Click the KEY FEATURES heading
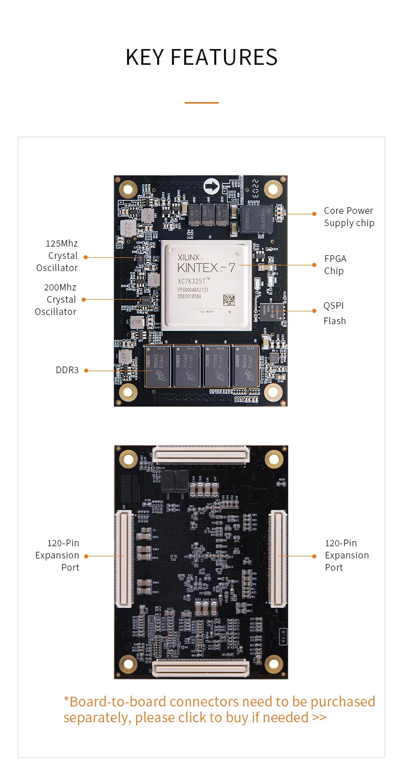click(x=202, y=57)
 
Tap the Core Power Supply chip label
click(x=349, y=217)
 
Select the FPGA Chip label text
click(x=335, y=265)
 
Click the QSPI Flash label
click(x=334, y=313)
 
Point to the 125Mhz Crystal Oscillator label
click(x=57, y=256)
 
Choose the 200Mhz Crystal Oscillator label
click(x=56, y=300)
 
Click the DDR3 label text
click(x=67, y=370)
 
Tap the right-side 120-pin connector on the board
click(x=278, y=559)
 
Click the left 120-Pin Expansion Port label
click(x=57, y=555)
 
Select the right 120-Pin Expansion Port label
click(x=347, y=555)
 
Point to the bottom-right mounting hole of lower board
click(x=274, y=664)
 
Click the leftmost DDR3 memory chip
click(x=158, y=366)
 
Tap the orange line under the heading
click(x=202, y=103)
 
